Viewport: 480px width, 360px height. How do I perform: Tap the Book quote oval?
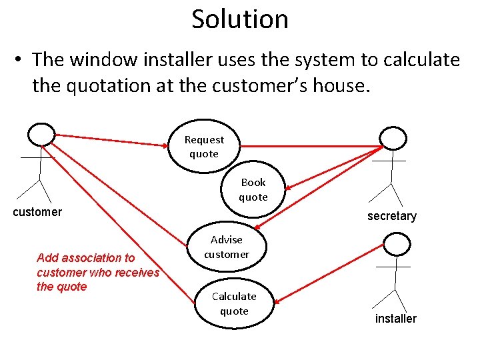pos(253,190)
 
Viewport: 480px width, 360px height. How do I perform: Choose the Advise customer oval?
pos(227,247)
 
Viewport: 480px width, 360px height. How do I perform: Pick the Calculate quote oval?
pos(234,304)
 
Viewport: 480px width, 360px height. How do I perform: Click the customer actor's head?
pos(41,134)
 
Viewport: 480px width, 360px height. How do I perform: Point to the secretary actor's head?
pos(393,138)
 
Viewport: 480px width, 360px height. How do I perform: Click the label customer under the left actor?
pos(37,212)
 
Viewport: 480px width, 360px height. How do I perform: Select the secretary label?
pos(392,216)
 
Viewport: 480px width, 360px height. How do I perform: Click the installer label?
pos(395,319)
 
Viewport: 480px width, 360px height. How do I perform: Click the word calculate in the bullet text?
pos(421,60)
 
